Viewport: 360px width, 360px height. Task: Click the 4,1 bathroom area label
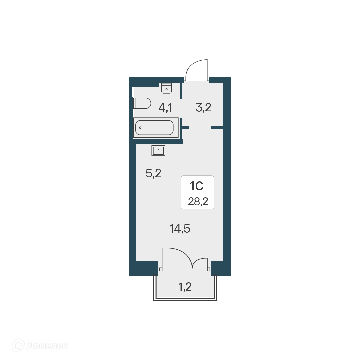point(165,108)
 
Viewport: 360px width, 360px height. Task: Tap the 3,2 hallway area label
point(203,108)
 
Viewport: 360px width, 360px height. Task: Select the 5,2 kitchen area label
point(153,173)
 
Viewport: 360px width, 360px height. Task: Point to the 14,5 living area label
point(180,229)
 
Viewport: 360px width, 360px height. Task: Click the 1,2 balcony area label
point(185,286)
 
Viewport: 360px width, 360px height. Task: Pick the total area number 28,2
point(197,202)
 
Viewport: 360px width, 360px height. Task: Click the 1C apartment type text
point(197,185)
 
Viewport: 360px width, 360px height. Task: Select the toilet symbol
point(142,103)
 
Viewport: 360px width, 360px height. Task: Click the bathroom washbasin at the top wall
point(166,88)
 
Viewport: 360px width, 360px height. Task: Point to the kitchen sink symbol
point(158,150)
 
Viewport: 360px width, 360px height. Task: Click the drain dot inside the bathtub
point(141,128)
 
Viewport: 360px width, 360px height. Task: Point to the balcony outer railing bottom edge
point(185,299)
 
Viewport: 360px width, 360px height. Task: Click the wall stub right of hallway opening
point(217,127)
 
